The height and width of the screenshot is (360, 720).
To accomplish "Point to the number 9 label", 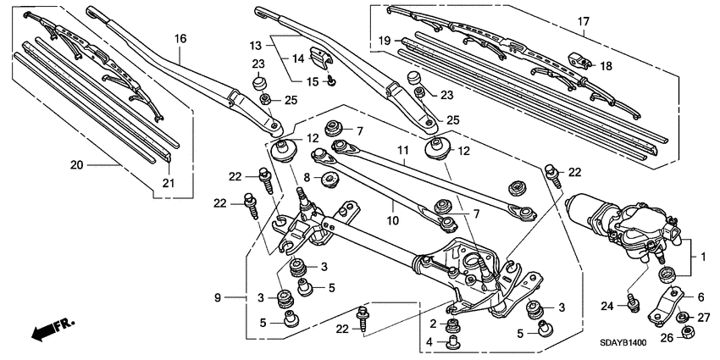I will [218, 297].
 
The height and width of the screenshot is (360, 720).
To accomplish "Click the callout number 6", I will [701, 296].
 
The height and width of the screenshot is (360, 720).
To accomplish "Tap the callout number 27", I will [702, 318].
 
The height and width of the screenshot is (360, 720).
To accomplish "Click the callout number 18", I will [604, 65].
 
